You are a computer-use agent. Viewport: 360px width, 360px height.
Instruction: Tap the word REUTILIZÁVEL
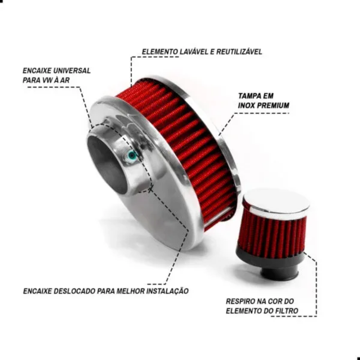(239, 51)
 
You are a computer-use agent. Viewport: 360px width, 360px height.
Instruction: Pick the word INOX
(246, 105)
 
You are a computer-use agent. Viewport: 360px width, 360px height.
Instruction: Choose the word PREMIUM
(273, 105)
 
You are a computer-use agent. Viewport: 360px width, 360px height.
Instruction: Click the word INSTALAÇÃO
(167, 291)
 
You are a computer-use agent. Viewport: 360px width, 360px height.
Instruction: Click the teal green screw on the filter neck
(132, 156)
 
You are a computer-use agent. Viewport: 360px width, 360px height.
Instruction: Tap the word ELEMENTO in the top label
(160, 51)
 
